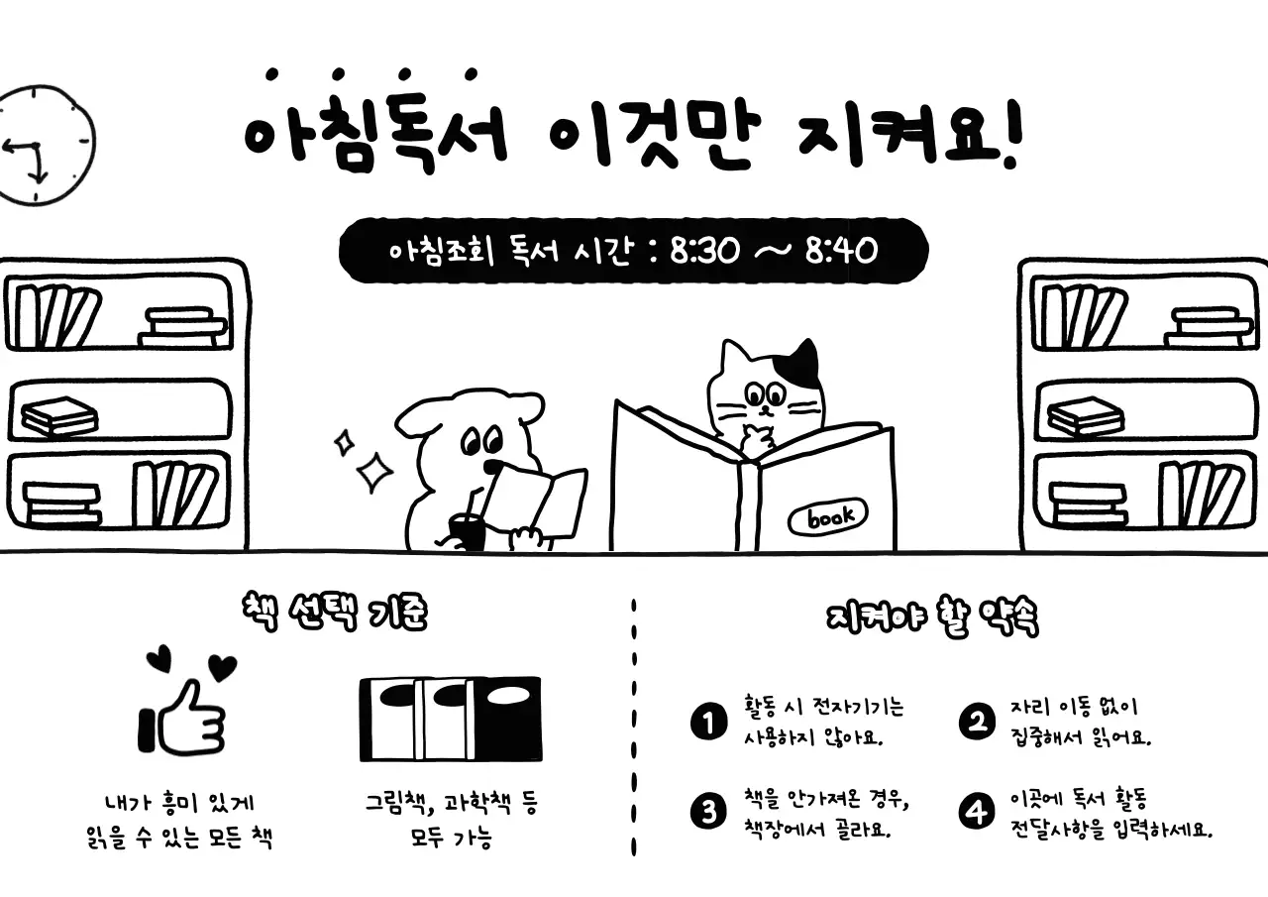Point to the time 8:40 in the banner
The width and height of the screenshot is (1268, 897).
[841, 251]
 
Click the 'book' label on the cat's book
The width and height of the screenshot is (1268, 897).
[826, 516]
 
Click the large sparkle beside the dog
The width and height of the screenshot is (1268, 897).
[375, 472]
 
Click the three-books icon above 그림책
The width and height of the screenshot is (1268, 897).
[450, 719]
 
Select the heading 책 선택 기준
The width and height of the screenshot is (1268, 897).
[334, 614]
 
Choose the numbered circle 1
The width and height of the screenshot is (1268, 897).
[707, 722]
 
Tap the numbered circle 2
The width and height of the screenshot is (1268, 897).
[976, 722]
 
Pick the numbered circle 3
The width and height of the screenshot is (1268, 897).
[707, 813]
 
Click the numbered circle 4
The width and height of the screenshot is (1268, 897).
[976, 813]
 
